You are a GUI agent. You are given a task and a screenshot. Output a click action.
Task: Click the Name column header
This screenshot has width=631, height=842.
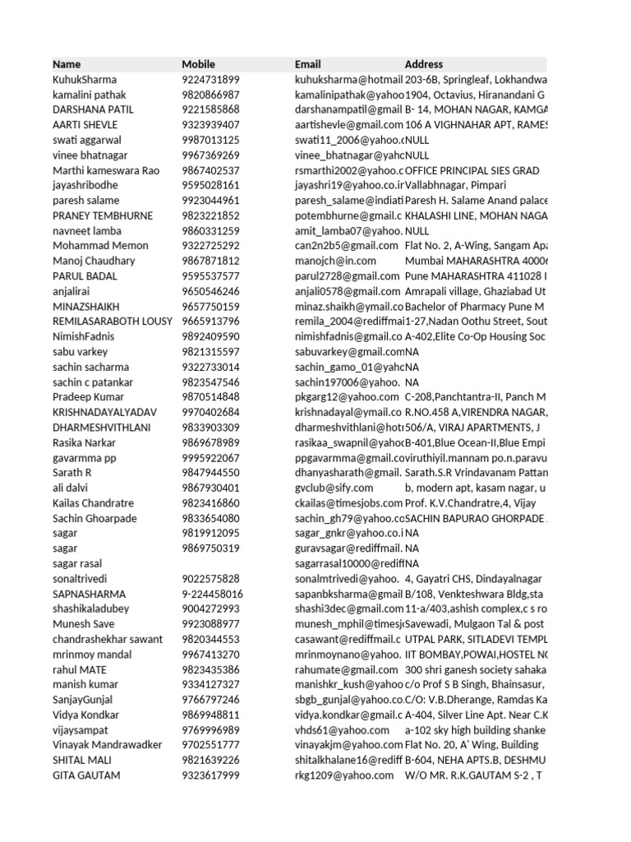pos(67,64)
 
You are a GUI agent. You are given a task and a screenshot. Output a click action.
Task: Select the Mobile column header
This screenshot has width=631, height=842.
pos(198,64)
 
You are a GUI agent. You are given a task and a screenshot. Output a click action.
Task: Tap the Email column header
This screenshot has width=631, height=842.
pos(307,64)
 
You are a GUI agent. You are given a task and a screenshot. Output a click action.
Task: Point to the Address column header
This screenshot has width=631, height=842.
pos(423,64)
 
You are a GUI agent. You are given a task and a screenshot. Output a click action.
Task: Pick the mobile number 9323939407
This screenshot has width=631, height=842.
pos(210,125)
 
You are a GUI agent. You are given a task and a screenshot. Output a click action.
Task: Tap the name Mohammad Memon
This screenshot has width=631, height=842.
pos(100,246)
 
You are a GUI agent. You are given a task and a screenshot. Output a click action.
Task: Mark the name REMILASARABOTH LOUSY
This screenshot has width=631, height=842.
pos(112,322)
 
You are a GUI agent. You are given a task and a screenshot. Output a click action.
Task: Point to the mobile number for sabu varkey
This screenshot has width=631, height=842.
pos(210,352)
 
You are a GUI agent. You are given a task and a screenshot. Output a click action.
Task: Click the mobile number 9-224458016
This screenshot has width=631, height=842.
pos(212,594)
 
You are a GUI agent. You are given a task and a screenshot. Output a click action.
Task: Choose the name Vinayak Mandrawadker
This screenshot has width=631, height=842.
pos(107,746)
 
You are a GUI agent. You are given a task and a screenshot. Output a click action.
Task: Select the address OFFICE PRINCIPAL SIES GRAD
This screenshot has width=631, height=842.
pos(472,170)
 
